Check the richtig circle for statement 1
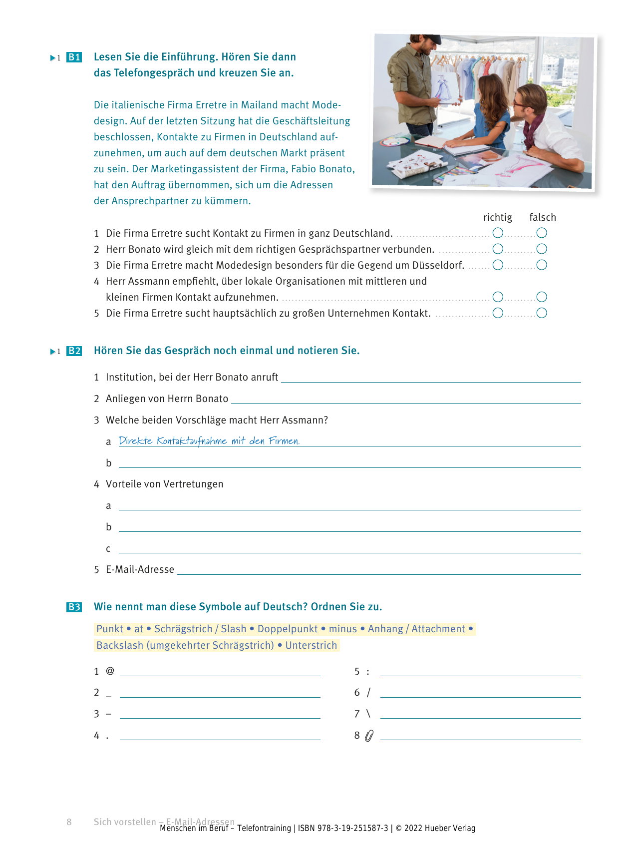pyautogui.click(x=498, y=233)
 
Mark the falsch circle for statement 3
pyautogui.click(x=542, y=265)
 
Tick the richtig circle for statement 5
pyautogui.click(x=498, y=313)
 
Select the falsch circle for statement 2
pyautogui.click(x=542, y=249)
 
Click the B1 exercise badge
pyautogui.click(x=74, y=57)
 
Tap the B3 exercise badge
pyautogui.click(x=74, y=607)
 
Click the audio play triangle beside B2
pyautogui.click(x=53, y=352)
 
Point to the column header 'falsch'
pyautogui.click(x=542, y=217)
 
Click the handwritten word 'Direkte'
pyautogui.click(x=135, y=440)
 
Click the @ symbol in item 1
pyautogui.click(x=110, y=671)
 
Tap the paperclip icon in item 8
pyautogui.click(x=369, y=736)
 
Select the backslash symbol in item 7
pyautogui.click(x=368, y=714)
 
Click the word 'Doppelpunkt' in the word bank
pyautogui.click(x=288, y=629)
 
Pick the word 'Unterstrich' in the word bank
pyautogui.click(x=311, y=645)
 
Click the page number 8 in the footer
pyautogui.click(x=69, y=822)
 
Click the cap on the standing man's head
pyautogui.click(x=428, y=38)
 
